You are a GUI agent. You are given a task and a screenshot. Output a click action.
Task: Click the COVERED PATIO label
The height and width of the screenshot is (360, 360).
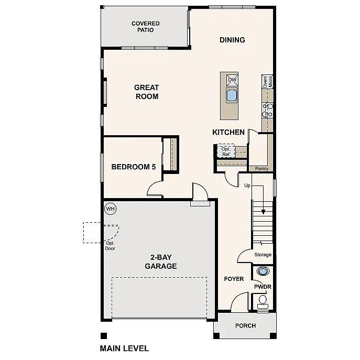tap(145, 27)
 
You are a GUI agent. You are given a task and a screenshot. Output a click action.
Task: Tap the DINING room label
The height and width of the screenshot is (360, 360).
tap(232, 40)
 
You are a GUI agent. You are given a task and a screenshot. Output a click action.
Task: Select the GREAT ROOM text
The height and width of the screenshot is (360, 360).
tap(146, 92)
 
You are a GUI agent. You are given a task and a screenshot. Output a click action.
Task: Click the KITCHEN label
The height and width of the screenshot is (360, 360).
tap(228, 132)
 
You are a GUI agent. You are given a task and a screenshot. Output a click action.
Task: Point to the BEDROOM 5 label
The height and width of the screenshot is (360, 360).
tap(134, 167)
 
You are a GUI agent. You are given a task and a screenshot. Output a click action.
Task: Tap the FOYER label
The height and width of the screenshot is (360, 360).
tap(234, 279)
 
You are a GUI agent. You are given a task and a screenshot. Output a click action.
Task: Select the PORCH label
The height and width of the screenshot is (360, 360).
tap(245, 325)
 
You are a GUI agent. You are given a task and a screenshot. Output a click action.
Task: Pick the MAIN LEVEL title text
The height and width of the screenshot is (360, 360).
tap(124, 348)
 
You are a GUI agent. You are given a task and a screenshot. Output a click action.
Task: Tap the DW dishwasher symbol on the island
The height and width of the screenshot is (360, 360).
tap(232, 80)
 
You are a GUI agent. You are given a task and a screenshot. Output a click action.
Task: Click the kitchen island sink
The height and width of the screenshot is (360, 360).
tap(232, 95)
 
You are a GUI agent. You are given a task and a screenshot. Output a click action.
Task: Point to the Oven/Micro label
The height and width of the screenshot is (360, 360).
tap(267, 81)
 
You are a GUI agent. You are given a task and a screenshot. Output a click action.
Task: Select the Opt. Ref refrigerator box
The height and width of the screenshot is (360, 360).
tap(226, 151)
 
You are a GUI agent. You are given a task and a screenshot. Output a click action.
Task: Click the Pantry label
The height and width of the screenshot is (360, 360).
tap(261, 169)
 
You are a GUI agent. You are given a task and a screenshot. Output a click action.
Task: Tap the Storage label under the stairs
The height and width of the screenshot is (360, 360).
tap(263, 255)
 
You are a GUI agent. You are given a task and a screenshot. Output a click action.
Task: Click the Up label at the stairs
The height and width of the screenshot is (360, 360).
tap(247, 186)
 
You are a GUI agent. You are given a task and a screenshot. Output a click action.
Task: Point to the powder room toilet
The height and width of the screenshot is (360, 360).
tap(262, 301)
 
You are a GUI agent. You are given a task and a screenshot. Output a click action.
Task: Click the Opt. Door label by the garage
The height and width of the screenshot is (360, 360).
tap(110, 245)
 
